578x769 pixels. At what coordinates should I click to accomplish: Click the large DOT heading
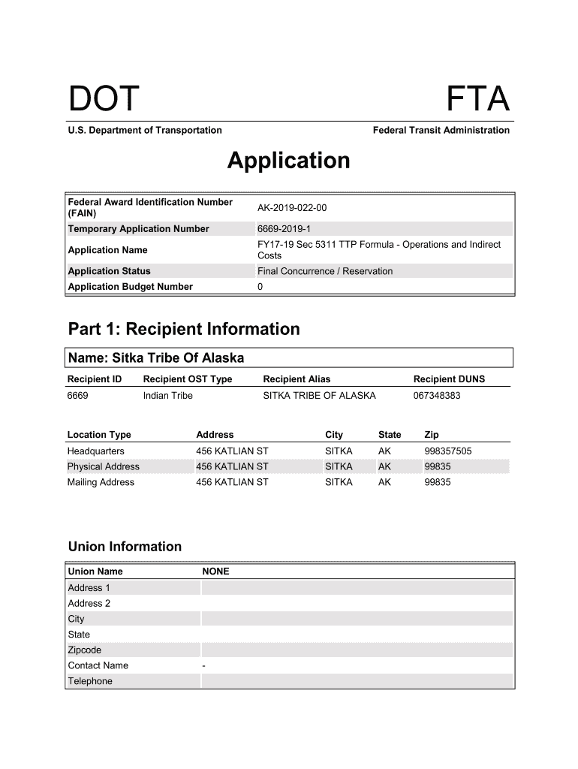click(x=104, y=99)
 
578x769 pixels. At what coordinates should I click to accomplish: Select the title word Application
click(x=288, y=161)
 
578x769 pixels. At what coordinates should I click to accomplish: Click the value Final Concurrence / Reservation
click(x=324, y=271)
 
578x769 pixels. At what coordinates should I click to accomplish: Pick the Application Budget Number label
click(x=130, y=287)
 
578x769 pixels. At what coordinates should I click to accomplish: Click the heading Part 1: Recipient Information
click(x=184, y=329)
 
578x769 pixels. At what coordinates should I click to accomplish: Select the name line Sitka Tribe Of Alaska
click(x=156, y=357)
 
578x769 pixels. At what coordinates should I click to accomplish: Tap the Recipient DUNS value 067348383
click(x=437, y=396)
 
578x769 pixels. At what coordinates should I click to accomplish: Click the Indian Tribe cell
click(x=167, y=396)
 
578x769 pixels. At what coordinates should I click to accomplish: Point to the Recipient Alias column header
click(x=297, y=379)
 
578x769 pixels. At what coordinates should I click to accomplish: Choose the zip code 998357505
click(x=448, y=451)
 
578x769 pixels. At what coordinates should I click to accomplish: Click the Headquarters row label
click(x=96, y=451)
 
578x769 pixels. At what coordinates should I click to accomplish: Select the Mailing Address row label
click(x=101, y=482)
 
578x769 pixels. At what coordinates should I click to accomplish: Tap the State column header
click(x=390, y=435)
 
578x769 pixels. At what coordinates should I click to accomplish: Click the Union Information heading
click(x=125, y=546)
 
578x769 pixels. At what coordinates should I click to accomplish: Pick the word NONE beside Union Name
click(x=215, y=571)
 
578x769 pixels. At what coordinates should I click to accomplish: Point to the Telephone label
click(x=90, y=681)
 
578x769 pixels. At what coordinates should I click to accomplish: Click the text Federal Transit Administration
click(x=441, y=130)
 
